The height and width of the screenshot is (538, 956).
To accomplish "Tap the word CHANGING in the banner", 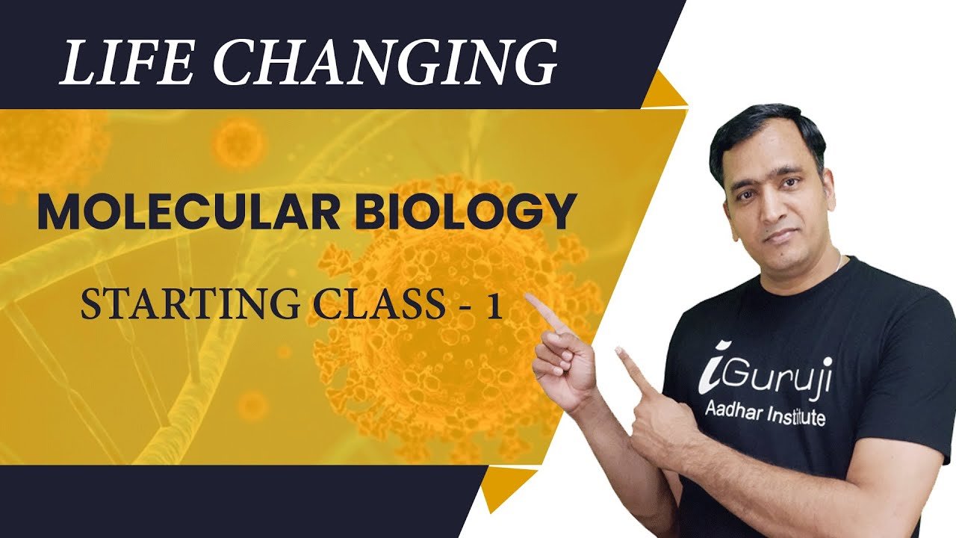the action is coord(385,62).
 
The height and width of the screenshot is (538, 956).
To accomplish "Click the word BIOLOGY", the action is coord(464,212).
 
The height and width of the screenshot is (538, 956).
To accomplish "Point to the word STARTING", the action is coord(190,303).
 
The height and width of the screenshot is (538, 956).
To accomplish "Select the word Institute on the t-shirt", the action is coord(795,415).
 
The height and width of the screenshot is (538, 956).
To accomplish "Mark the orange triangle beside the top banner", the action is coord(664,92).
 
